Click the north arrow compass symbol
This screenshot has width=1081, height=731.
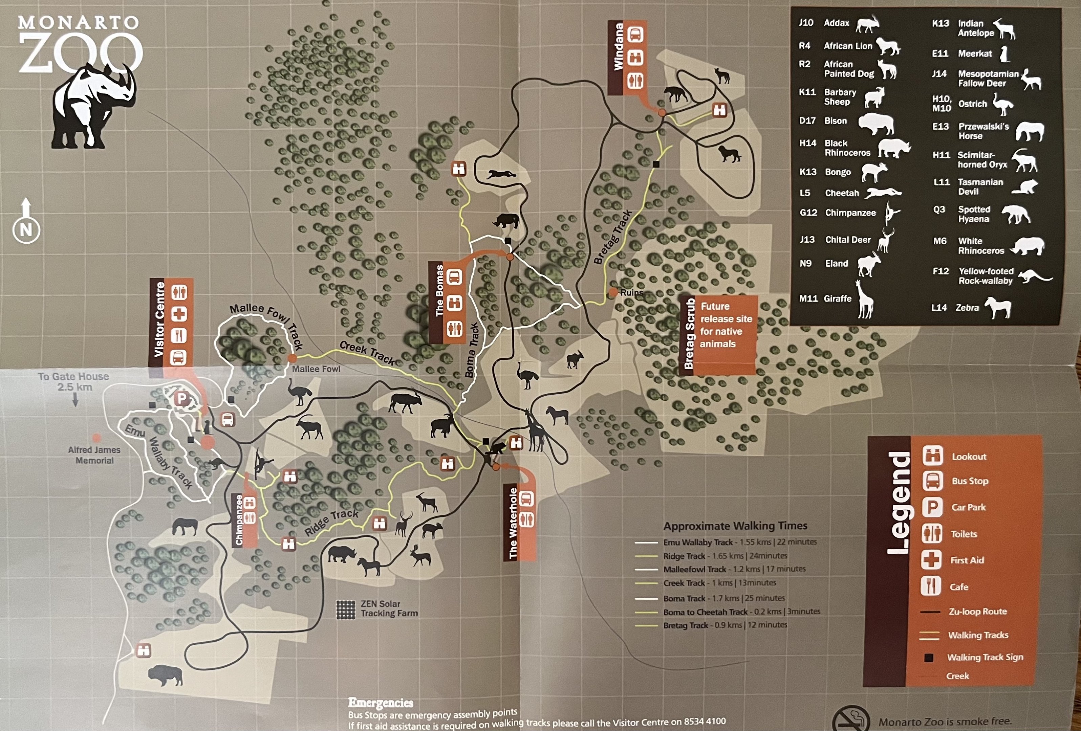pos(26,221)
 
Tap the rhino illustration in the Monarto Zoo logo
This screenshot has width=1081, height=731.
pos(93,107)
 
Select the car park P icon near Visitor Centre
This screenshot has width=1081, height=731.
pos(182,399)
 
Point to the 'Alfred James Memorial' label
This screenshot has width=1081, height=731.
pos(94,455)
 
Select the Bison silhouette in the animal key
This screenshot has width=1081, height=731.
pos(875,123)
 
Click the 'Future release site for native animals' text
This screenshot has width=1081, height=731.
pos(726,325)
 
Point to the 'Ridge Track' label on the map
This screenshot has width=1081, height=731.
pos(331,522)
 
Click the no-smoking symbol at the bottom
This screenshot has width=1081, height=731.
pos(850,720)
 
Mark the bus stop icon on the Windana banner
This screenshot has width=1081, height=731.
pos(635,35)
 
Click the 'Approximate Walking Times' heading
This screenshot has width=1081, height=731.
pos(735,526)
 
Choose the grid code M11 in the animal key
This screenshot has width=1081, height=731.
pos(808,298)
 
